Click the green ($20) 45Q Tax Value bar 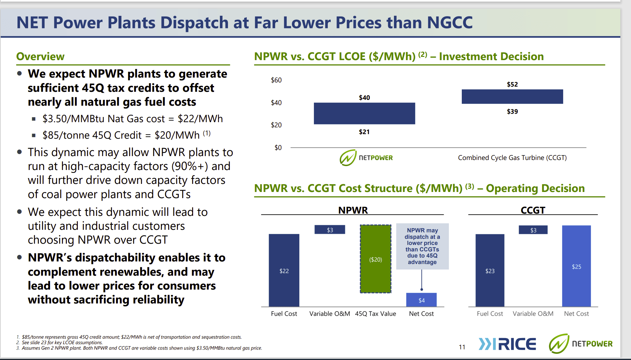pyautogui.click(x=376, y=259)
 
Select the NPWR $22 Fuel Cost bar pyautogui.click(x=284, y=270)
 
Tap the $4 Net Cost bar pyautogui.click(x=421, y=300)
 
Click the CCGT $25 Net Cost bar pyautogui.click(x=576, y=266)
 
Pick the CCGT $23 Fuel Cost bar pyautogui.click(x=490, y=270)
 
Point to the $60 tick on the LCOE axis pyautogui.click(x=276, y=80)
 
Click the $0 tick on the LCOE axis pyautogui.click(x=278, y=148)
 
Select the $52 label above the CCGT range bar pyautogui.click(x=512, y=84)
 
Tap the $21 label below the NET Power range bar pyautogui.click(x=364, y=132)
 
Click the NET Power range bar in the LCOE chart pyautogui.click(x=364, y=113)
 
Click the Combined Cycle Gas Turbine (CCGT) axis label pyautogui.click(x=512, y=158)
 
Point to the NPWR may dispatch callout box pyautogui.click(x=422, y=246)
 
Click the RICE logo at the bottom pyautogui.click(x=507, y=344)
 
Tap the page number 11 pyautogui.click(x=462, y=347)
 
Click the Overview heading pyautogui.click(x=40, y=57)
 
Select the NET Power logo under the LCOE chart pyautogui.click(x=366, y=158)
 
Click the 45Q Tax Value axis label pyautogui.click(x=375, y=314)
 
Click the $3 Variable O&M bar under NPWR pyautogui.click(x=330, y=230)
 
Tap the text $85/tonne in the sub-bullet pyautogui.click(x=61, y=135)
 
